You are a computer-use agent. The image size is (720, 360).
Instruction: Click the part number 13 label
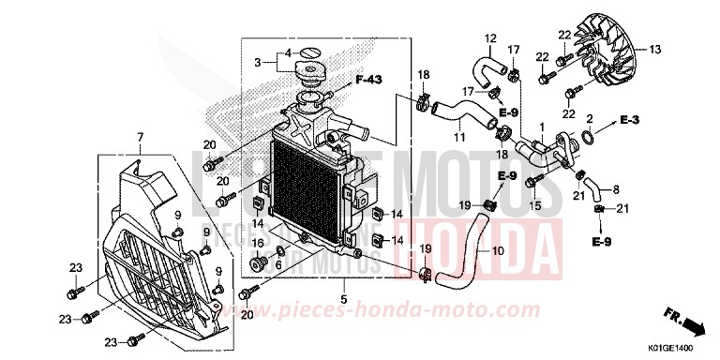tap(655, 49)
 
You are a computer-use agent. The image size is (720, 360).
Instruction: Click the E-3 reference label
tap(629, 122)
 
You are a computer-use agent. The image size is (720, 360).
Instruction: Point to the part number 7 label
tap(140, 138)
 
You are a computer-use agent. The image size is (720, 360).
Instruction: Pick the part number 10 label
tap(497, 252)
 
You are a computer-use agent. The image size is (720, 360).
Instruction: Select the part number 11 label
tap(460, 138)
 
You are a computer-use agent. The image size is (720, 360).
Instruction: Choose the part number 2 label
tap(589, 119)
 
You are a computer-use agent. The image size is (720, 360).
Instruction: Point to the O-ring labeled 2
tap(585, 141)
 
